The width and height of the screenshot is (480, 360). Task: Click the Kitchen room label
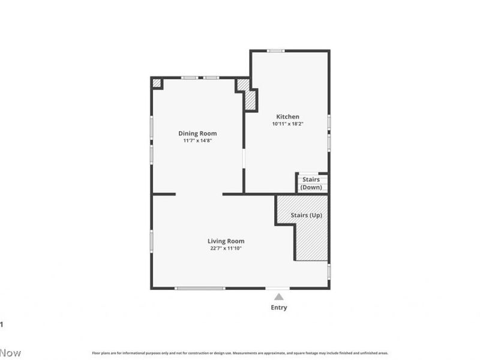pyautogui.click(x=287, y=116)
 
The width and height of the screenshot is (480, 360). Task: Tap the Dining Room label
pyautogui.click(x=197, y=133)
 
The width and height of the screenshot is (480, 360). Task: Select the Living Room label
pyautogui.click(x=226, y=241)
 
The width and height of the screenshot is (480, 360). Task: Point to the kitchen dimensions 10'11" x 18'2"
pyautogui.click(x=287, y=124)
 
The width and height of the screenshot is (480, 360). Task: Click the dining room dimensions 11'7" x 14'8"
pyautogui.click(x=197, y=140)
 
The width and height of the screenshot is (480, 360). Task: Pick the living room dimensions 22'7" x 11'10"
pyautogui.click(x=226, y=248)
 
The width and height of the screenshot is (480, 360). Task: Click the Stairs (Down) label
pyautogui.click(x=311, y=183)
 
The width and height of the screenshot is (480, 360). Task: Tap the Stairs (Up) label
pyautogui.click(x=306, y=215)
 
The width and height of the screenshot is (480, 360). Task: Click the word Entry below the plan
pyautogui.click(x=279, y=308)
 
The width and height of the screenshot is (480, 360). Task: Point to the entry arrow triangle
pyautogui.click(x=279, y=296)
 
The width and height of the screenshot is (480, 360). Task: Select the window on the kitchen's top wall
pyautogui.click(x=276, y=50)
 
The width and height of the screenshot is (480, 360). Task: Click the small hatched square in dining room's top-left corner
pyautogui.click(x=157, y=83)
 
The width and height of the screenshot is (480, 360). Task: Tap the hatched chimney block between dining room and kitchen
pyautogui.click(x=250, y=100)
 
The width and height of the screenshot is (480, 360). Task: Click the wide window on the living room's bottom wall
pyautogui.click(x=200, y=289)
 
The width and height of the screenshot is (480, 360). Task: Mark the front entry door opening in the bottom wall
pyautogui.click(x=277, y=289)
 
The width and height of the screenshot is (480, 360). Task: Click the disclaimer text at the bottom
pyautogui.click(x=240, y=353)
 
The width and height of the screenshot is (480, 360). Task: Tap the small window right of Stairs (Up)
pyautogui.click(x=329, y=271)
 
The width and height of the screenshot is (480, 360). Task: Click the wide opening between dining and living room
pyautogui.click(x=199, y=194)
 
